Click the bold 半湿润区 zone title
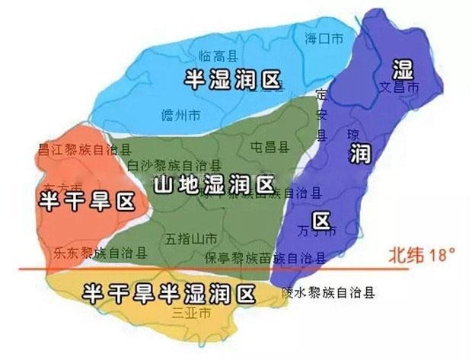point(233,78)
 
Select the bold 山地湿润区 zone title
point(214,185)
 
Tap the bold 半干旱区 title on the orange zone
point(86,202)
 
